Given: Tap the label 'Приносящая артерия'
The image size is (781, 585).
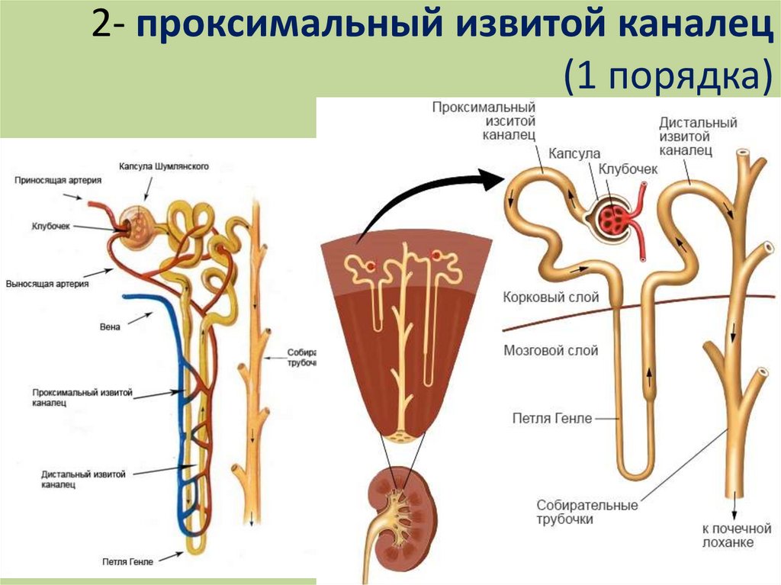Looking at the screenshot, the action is (x=57, y=181).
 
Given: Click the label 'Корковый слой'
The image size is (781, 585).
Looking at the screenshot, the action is (x=551, y=297).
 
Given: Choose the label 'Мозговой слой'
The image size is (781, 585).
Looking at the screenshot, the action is (x=551, y=351).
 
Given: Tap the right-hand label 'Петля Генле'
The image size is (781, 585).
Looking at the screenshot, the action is (x=548, y=418).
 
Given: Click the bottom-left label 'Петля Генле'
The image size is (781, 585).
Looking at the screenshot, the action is (x=127, y=562).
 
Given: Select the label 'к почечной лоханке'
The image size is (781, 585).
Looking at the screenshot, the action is (x=728, y=535).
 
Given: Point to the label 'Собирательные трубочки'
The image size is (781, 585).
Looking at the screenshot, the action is (x=587, y=512).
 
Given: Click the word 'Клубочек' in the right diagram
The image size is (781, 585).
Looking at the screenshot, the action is (x=628, y=169).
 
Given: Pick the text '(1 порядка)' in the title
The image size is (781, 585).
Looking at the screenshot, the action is (x=664, y=76).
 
